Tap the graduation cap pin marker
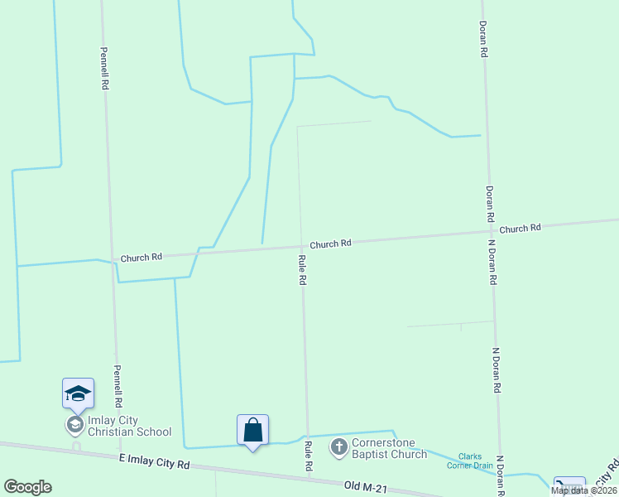click(x=78, y=393)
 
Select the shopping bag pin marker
click(x=252, y=430)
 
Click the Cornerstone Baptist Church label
click(x=389, y=448)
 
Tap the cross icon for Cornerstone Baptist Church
click(x=338, y=448)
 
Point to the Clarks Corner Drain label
click(x=476, y=461)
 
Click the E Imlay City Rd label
click(x=154, y=461)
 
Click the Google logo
click(x=28, y=486)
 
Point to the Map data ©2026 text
click(x=583, y=490)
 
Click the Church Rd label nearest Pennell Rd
click(x=141, y=258)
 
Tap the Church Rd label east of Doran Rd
click(x=520, y=228)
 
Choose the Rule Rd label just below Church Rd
click(x=302, y=270)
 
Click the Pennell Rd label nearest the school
click(x=118, y=386)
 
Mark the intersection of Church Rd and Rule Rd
click(x=300, y=246)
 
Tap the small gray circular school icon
click(x=74, y=426)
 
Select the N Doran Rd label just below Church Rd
click(x=492, y=263)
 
